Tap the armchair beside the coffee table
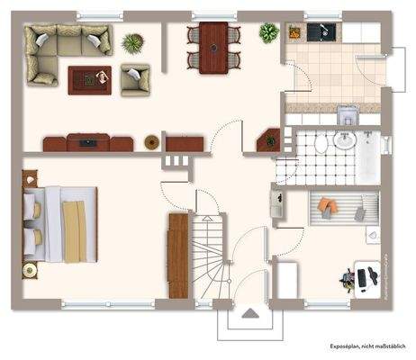[135, 79]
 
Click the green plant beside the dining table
[268, 33]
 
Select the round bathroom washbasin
[345, 142]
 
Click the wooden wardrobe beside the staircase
[178, 256]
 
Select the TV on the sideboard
[87, 141]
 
